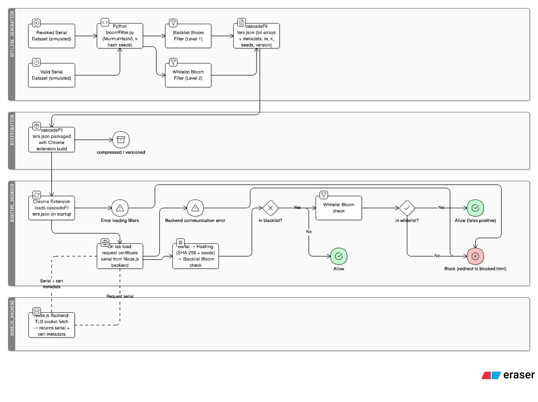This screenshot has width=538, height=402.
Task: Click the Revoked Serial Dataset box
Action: coord(52,36)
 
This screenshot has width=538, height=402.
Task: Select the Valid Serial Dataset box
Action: coord(52,75)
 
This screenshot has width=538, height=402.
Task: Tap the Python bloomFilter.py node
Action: coord(120,36)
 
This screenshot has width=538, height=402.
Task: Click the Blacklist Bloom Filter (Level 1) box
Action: coord(188,36)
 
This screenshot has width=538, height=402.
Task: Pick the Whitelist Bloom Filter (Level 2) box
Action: coord(188,75)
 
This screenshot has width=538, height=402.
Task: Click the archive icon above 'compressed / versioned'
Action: coord(121,140)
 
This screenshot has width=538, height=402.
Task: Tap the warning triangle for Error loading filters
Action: coord(120,208)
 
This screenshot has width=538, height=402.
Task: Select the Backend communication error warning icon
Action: coord(195,208)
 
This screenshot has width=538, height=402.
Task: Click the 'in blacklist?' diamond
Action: coord(270,208)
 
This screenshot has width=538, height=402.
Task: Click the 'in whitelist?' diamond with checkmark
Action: coord(407,208)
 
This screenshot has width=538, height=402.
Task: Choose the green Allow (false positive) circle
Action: coord(475,208)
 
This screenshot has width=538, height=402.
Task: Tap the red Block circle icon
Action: coord(475,256)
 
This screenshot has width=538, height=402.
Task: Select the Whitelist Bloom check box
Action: coord(339,208)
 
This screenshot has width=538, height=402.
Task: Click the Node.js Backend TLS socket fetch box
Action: coord(52,325)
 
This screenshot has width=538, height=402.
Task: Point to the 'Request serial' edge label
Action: coord(120,296)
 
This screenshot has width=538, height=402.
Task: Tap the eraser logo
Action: coord(508,375)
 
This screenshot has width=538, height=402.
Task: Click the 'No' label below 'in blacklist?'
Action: coord(309,232)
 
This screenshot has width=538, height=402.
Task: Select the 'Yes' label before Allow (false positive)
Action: coord(441,207)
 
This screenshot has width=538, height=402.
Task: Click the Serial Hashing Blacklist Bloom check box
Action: coord(196,256)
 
